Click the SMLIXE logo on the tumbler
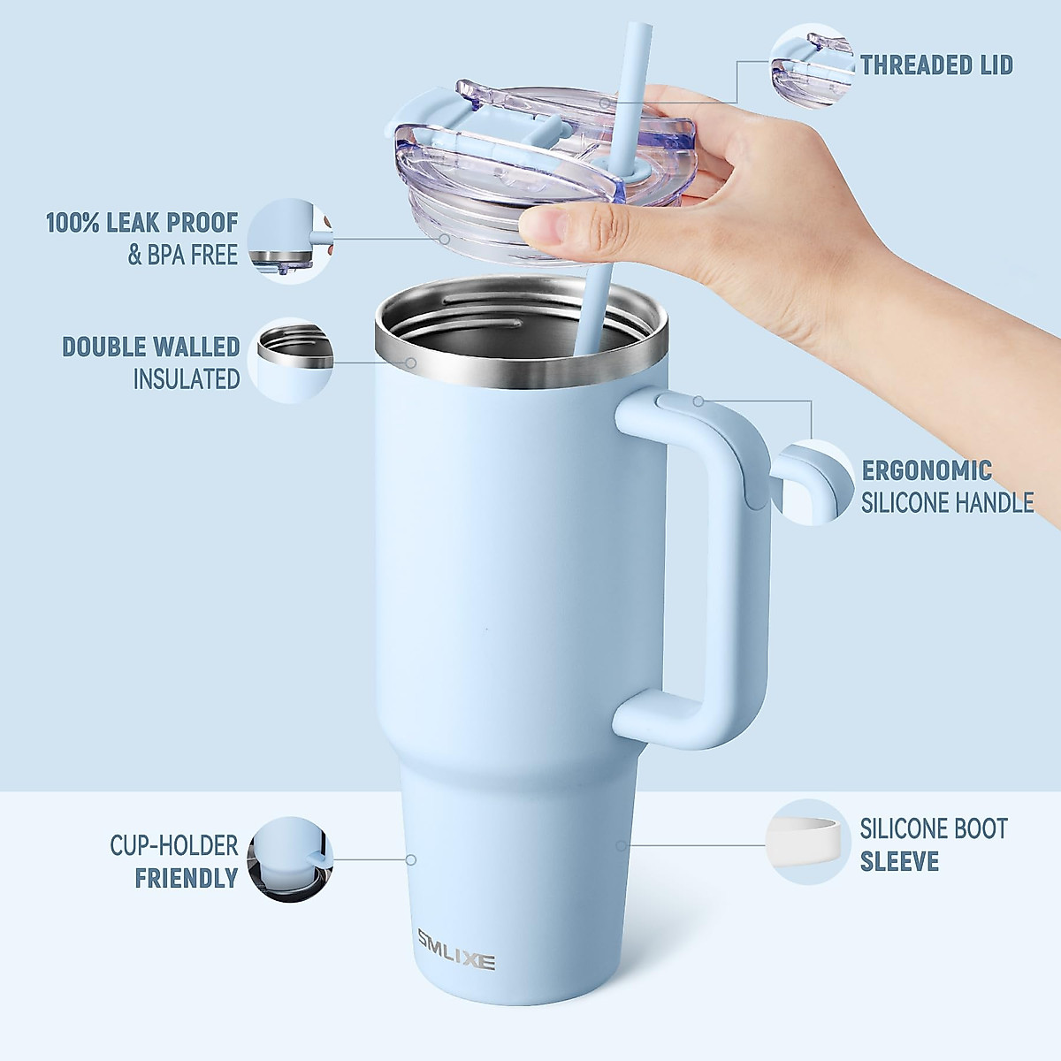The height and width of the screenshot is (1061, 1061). pyautogui.click(x=456, y=961)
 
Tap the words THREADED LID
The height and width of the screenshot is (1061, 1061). pyautogui.click(x=936, y=65)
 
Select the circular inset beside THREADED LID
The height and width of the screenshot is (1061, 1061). pyautogui.click(x=811, y=65)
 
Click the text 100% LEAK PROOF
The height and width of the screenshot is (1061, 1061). pyautogui.click(x=141, y=222)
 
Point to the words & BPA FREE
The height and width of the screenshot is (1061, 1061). pyautogui.click(x=183, y=256)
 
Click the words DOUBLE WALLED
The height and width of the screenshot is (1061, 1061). pyautogui.click(x=150, y=346)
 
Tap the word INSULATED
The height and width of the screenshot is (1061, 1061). pyautogui.click(x=187, y=379)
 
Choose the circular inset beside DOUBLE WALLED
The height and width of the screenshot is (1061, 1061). pyautogui.click(x=292, y=360)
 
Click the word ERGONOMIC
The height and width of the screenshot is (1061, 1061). pyautogui.click(x=926, y=470)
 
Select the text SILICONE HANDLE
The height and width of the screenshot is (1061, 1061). pyautogui.click(x=947, y=503)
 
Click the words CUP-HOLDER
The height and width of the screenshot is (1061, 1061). pyautogui.click(x=173, y=845)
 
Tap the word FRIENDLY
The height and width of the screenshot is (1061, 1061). pyautogui.click(x=187, y=878)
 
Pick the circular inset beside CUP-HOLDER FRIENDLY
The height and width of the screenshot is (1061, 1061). pyautogui.click(x=288, y=859)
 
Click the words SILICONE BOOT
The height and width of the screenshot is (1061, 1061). pyautogui.click(x=934, y=828)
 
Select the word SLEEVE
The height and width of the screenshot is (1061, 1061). pyautogui.click(x=899, y=861)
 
